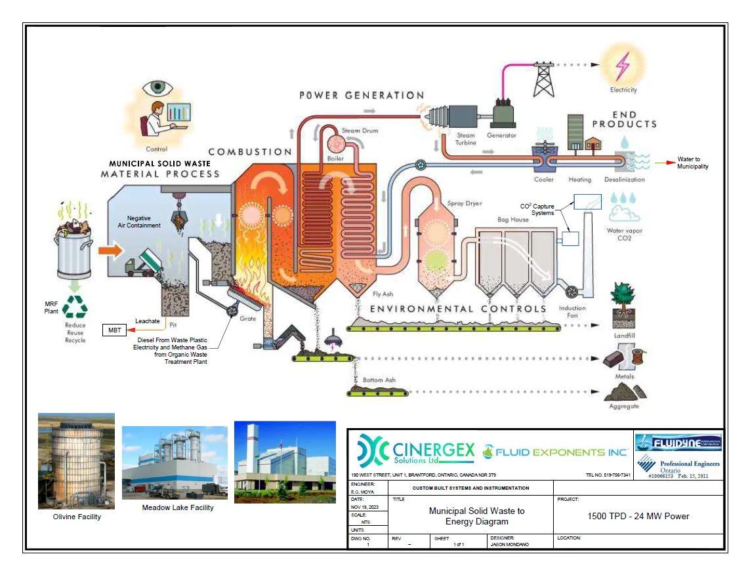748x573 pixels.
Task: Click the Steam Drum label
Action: (360, 130)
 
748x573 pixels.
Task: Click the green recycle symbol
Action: (75, 306)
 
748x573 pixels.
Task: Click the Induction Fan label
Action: (572, 311)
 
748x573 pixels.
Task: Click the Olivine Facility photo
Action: (76, 462)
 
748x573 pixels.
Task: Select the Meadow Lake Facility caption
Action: (177, 507)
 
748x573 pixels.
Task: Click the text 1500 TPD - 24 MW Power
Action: (638, 516)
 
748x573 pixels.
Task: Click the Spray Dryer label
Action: (464, 203)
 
